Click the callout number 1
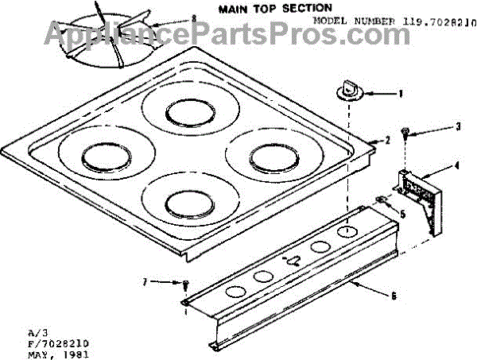[400, 92]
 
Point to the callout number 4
[456, 166]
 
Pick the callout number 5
[402, 214]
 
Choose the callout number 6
[393, 296]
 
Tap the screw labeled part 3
[405, 134]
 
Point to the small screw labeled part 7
[184, 284]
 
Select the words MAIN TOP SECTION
[265, 7]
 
